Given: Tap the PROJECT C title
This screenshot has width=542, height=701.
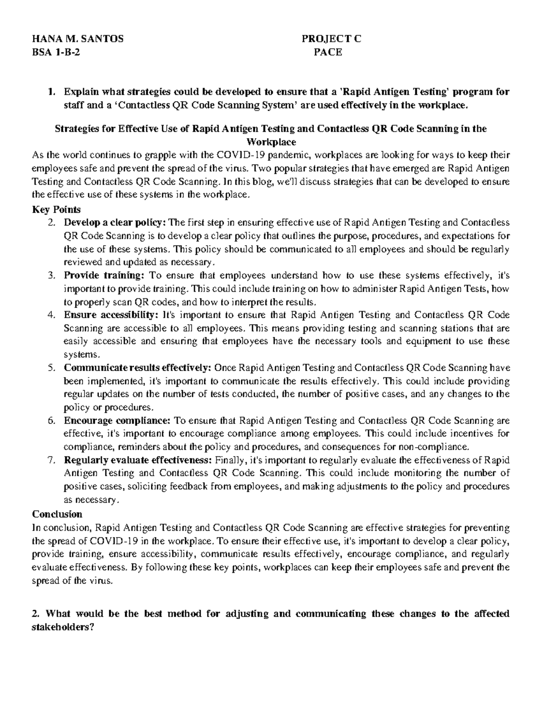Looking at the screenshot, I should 332,39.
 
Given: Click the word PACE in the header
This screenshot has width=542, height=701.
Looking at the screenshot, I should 328,52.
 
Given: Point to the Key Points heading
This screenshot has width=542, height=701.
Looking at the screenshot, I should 56,209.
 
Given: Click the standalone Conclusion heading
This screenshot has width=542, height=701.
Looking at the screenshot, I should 57,514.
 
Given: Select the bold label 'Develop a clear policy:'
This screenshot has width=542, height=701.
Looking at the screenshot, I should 115,223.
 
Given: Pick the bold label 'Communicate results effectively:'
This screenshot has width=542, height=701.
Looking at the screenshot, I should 138,368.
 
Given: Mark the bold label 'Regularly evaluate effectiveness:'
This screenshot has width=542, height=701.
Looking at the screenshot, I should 138,460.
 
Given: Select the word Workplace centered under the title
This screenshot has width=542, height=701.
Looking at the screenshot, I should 271,143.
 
